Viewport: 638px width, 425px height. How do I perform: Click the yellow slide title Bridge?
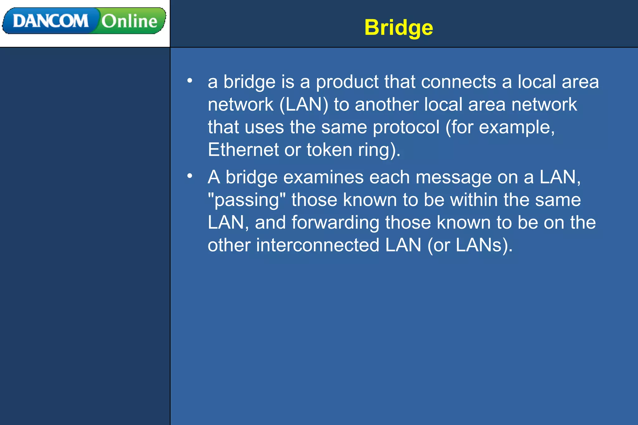click(398, 28)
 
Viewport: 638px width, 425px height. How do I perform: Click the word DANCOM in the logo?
click(50, 21)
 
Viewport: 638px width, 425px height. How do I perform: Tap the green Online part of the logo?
click(129, 21)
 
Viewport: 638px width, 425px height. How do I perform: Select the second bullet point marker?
click(190, 176)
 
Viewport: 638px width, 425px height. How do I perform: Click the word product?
click(347, 82)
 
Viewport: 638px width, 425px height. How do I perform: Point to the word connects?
click(458, 82)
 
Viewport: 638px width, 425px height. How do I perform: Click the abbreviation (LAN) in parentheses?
click(304, 104)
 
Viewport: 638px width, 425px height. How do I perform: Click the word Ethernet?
click(243, 150)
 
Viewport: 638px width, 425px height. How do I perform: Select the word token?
click(329, 150)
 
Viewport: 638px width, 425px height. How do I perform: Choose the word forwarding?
click(335, 223)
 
